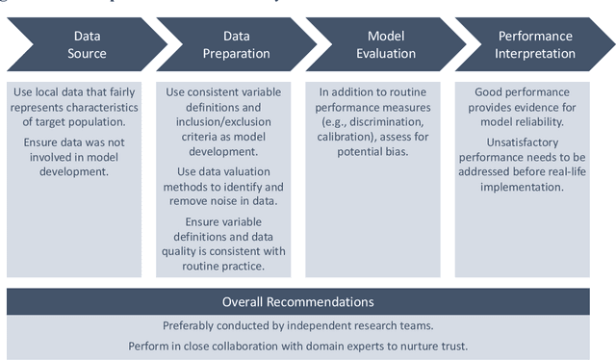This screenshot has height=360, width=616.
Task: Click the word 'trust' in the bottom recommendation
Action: (x=474, y=345)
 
